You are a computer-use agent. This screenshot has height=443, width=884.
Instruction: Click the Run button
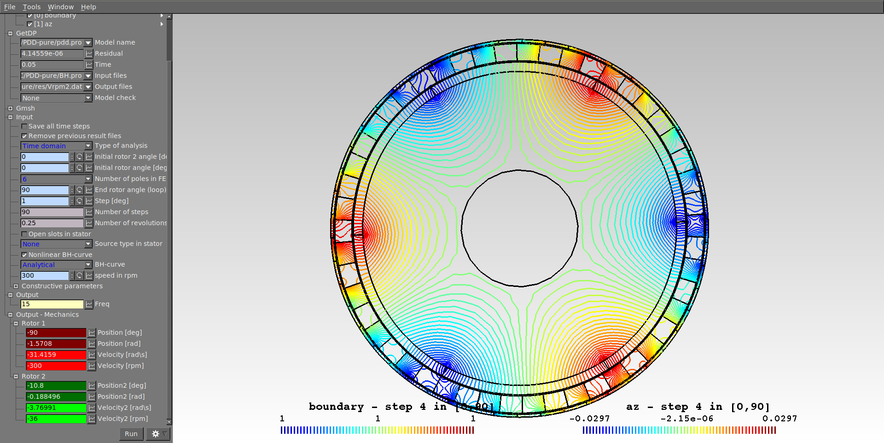coord(131,434)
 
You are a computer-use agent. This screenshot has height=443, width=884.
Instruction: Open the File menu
coord(10,7)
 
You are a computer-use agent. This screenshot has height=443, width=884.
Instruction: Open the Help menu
coord(88,7)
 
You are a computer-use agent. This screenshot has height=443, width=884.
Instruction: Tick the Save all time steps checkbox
coord(24,126)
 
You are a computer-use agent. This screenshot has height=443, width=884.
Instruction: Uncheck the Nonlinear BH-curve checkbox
coord(24,255)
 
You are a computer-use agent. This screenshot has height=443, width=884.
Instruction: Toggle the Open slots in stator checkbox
coord(24,234)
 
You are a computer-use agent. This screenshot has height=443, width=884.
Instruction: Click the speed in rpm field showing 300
coord(45,275)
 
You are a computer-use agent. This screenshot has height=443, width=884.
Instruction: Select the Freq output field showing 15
coord(52,304)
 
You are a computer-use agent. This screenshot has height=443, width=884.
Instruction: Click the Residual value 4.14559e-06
coord(52,53)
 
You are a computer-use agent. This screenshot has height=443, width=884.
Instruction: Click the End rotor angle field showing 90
coord(45,190)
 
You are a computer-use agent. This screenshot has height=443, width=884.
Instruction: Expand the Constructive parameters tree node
coord(16,286)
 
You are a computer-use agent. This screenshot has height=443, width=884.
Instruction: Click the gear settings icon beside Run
coord(156,434)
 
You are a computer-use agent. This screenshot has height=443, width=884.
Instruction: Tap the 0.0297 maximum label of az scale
coord(779,419)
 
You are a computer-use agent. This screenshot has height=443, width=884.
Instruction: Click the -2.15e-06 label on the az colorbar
coord(686,419)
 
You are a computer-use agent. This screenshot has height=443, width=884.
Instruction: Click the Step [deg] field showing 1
coord(45,201)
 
